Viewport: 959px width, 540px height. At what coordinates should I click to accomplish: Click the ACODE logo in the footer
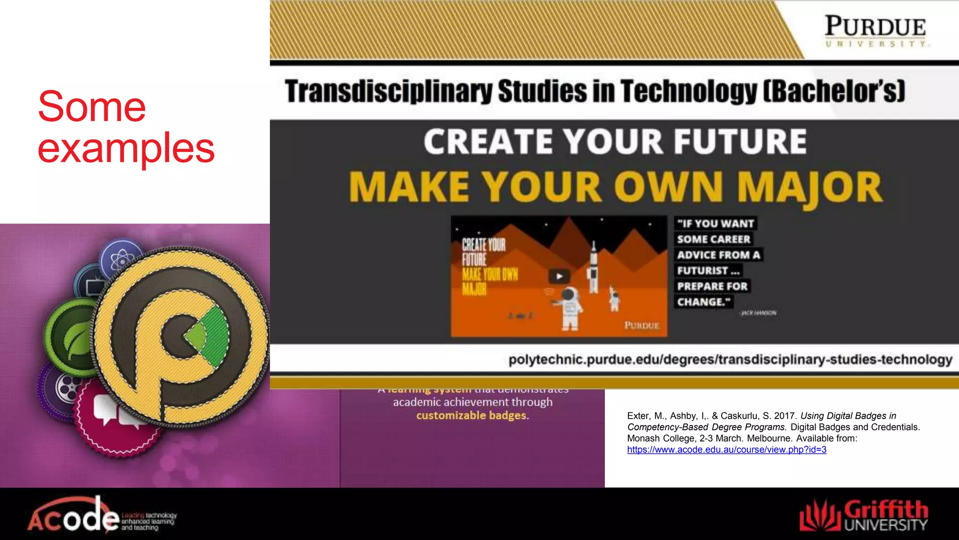pos(101,516)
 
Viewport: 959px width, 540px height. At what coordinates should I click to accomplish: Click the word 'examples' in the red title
pos(126,148)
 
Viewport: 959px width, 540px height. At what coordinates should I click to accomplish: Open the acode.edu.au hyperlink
pos(726,450)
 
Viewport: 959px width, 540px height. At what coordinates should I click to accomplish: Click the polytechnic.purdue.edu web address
pos(730,360)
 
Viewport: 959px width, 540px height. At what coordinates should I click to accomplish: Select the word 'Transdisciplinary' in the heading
pos(388,91)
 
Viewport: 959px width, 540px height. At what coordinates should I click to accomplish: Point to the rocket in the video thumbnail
pos(594,267)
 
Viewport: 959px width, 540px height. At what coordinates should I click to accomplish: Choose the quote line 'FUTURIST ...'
pos(708,270)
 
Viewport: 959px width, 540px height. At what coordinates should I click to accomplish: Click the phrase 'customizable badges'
pos(472,415)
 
